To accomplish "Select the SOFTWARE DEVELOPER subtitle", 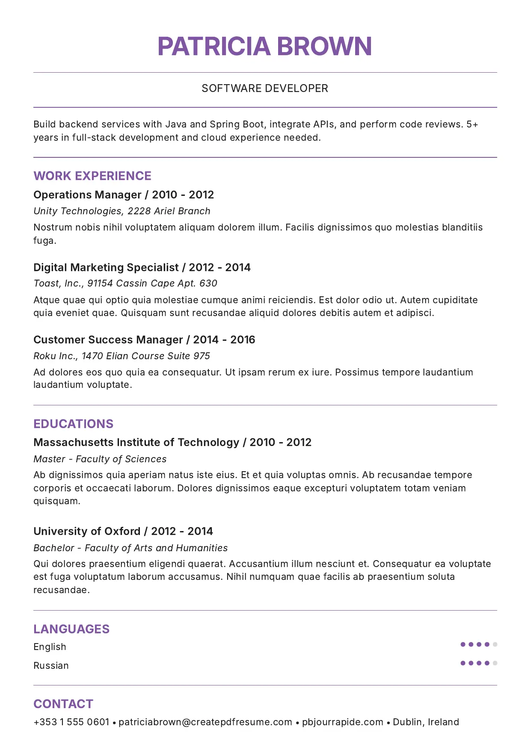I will click(x=265, y=89).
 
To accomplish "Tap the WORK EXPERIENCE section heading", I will click(x=92, y=176).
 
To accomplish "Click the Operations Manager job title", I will click(x=87, y=195).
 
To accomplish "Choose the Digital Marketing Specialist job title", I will click(x=106, y=268).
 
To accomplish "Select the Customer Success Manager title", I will click(x=108, y=340).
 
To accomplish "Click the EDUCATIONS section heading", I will click(x=74, y=424).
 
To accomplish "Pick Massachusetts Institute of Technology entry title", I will click(x=136, y=443).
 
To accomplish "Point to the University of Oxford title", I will click(x=87, y=531).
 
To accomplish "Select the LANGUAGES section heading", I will click(x=71, y=629).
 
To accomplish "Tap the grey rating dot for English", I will click(x=495, y=644).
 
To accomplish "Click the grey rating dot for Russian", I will click(x=495, y=663).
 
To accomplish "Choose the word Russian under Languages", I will click(x=51, y=666).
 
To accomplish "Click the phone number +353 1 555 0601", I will click(x=71, y=722).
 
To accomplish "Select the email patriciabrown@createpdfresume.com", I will click(x=205, y=722).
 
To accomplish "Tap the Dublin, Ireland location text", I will click(x=426, y=722).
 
